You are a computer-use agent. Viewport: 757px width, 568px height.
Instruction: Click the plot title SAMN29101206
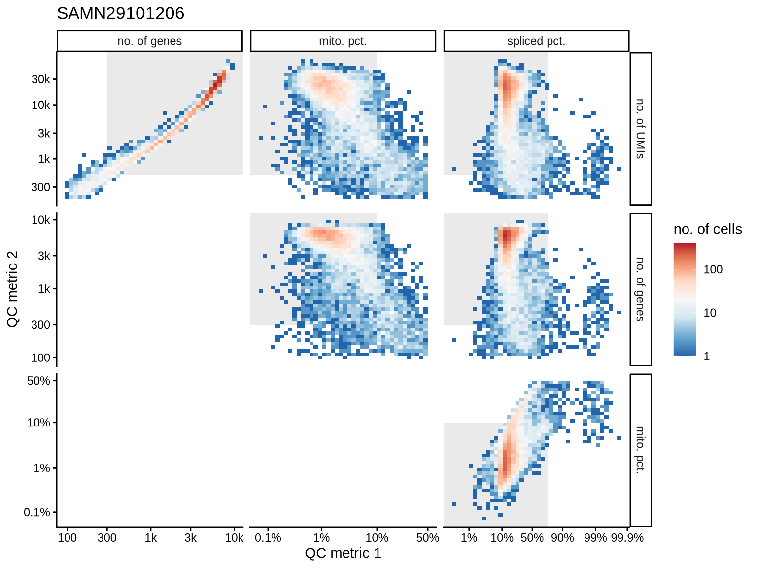120,13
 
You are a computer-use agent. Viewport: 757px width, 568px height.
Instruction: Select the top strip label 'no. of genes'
149,41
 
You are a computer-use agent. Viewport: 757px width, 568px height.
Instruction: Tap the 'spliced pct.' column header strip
536,41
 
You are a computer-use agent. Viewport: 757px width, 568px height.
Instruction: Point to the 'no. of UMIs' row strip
640,129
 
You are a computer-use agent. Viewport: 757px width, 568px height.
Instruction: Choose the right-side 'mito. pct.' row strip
640,450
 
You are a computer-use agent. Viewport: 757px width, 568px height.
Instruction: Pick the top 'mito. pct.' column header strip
343,41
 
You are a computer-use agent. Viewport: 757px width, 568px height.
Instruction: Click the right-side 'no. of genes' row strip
640,289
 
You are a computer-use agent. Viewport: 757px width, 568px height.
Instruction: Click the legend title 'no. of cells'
707,229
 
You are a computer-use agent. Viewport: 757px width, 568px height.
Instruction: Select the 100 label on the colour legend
713,269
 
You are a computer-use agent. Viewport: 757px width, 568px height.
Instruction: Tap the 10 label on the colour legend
710,313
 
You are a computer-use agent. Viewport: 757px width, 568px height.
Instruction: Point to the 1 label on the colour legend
707,356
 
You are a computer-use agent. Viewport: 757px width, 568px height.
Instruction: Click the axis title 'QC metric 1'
343,553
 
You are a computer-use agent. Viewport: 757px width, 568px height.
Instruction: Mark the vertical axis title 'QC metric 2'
13,289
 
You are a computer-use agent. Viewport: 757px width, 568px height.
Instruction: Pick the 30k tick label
41,79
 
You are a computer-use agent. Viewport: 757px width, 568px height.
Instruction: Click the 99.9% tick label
627,538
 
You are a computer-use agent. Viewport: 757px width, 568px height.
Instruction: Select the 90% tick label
562,538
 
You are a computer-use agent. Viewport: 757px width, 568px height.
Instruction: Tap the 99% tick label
595,538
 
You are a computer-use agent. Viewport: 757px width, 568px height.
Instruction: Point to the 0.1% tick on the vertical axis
37,513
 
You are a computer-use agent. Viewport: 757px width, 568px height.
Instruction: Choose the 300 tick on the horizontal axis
107,538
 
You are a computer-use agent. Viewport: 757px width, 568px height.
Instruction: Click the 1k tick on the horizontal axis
151,538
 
